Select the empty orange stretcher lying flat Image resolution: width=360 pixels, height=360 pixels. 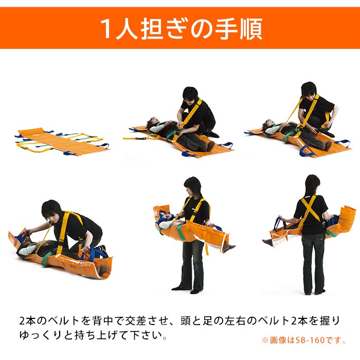coord(62,140)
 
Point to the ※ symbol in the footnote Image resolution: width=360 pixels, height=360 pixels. coord(265,340)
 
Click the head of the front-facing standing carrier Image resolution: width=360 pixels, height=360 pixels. coord(193,187)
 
